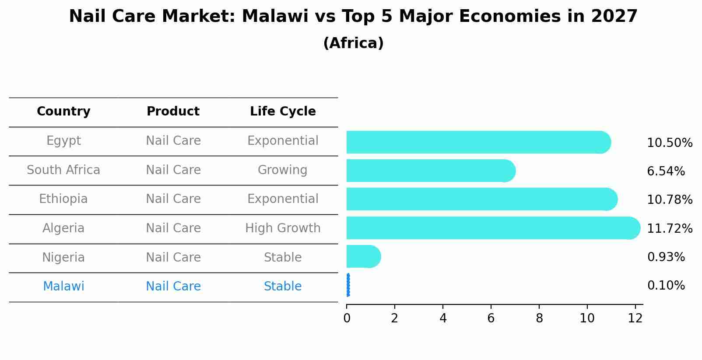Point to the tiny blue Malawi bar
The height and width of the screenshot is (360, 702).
pos(348,285)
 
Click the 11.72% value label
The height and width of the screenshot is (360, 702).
pos(670,229)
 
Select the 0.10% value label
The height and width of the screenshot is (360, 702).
pos(666,286)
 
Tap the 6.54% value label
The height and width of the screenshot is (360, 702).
pos(666,171)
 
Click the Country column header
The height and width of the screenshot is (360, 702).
pos(63,112)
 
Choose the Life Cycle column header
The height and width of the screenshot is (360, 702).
pos(283,112)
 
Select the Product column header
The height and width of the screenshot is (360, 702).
pos(173,112)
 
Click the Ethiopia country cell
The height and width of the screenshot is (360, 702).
pos(63,199)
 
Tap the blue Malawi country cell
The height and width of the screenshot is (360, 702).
pos(63,287)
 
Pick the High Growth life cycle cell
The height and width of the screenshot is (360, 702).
pos(283,228)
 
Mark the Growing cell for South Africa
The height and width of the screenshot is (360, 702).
pos(282,170)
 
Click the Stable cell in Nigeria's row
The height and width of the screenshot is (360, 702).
pos(283,258)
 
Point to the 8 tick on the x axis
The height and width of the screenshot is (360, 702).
pos(539,318)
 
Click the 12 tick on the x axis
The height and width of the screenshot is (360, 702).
pos(635,318)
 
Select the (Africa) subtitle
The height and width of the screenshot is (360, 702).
pos(353,43)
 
